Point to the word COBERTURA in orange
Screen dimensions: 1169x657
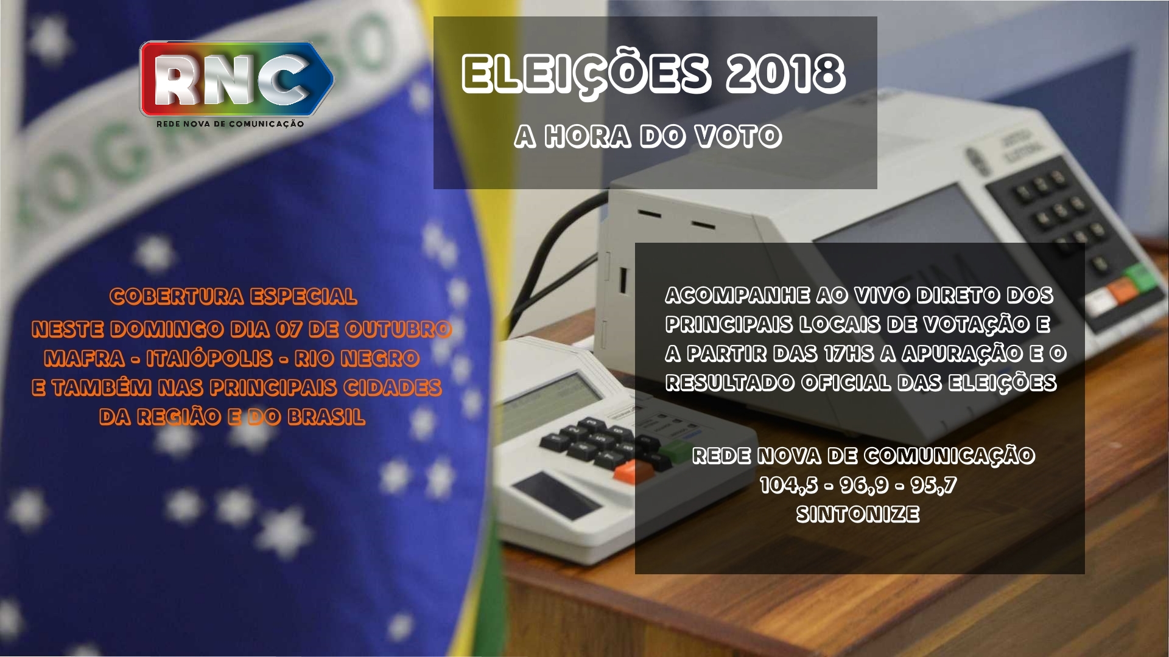tap(177, 296)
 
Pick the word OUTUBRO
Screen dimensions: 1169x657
tap(398, 329)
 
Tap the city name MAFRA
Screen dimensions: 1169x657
tap(85, 358)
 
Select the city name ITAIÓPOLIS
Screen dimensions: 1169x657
tap(209, 358)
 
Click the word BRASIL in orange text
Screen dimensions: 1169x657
tap(326, 417)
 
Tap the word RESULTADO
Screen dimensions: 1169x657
tap(730, 383)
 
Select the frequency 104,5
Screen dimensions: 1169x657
tap(788, 485)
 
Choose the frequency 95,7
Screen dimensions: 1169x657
tap(933, 485)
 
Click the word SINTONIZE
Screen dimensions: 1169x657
tap(858, 515)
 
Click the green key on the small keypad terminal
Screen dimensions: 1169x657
tap(676, 451)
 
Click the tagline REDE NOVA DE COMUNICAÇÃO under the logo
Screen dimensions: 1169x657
tap(230, 124)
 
